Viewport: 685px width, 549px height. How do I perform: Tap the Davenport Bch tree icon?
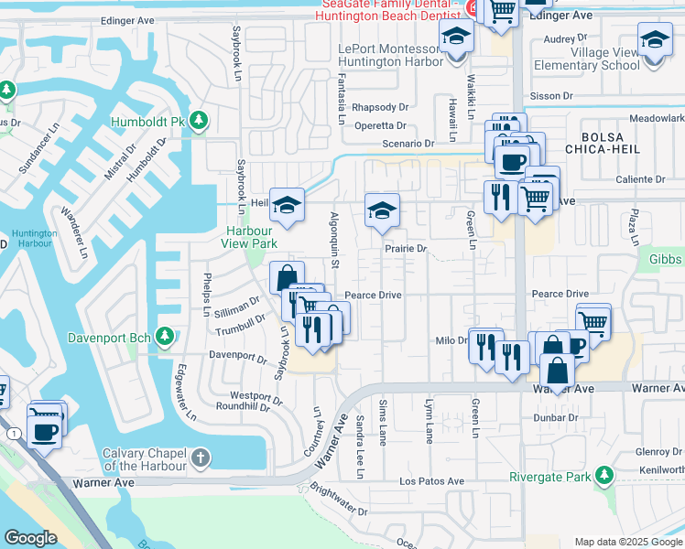165,336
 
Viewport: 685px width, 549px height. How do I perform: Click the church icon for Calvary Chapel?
201,457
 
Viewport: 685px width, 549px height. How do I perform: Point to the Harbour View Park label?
252,237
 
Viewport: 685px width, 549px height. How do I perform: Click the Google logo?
30,538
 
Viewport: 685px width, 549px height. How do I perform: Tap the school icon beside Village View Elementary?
655,41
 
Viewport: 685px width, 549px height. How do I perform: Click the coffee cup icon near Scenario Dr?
511,161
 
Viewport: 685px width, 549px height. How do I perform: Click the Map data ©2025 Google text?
628,541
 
